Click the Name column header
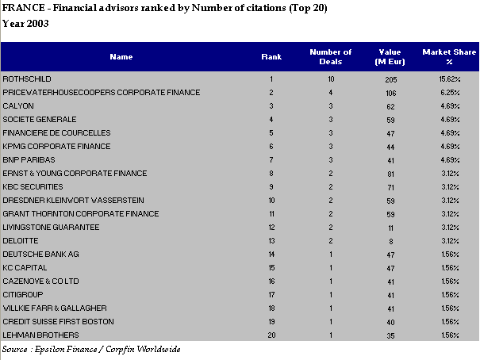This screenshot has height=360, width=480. click(x=121, y=57)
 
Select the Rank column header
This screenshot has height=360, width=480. click(x=271, y=57)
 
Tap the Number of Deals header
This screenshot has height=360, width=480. click(x=331, y=57)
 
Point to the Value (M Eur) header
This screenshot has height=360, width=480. click(x=390, y=57)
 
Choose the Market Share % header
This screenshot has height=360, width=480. click(x=449, y=57)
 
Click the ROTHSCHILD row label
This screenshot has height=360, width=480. click(x=27, y=79)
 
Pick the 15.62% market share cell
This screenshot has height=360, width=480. click(x=450, y=79)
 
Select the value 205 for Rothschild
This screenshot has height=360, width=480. click(x=391, y=80)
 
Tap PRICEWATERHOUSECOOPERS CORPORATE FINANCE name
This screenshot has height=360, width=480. click(x=102, y=93)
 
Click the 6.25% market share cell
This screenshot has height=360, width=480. click(x=451, y=93)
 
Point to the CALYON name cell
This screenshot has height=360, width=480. click(x=18, y=106)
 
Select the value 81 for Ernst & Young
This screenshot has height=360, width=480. click(x=390, y=174)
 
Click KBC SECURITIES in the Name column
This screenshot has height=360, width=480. click(x=33, y=187)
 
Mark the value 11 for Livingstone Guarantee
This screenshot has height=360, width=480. click(x=390, y=228)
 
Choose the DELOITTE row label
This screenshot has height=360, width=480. click(x=21, y=241)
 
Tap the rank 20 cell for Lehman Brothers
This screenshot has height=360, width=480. click(x=271, y=335)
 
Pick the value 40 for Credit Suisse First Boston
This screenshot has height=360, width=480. click(x=390, y=322)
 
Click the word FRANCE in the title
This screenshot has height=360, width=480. click(x=24, y=8)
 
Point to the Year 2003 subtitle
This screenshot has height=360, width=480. click(x=25, y=24)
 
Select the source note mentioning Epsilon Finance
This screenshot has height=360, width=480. click(x=91, y=349)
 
